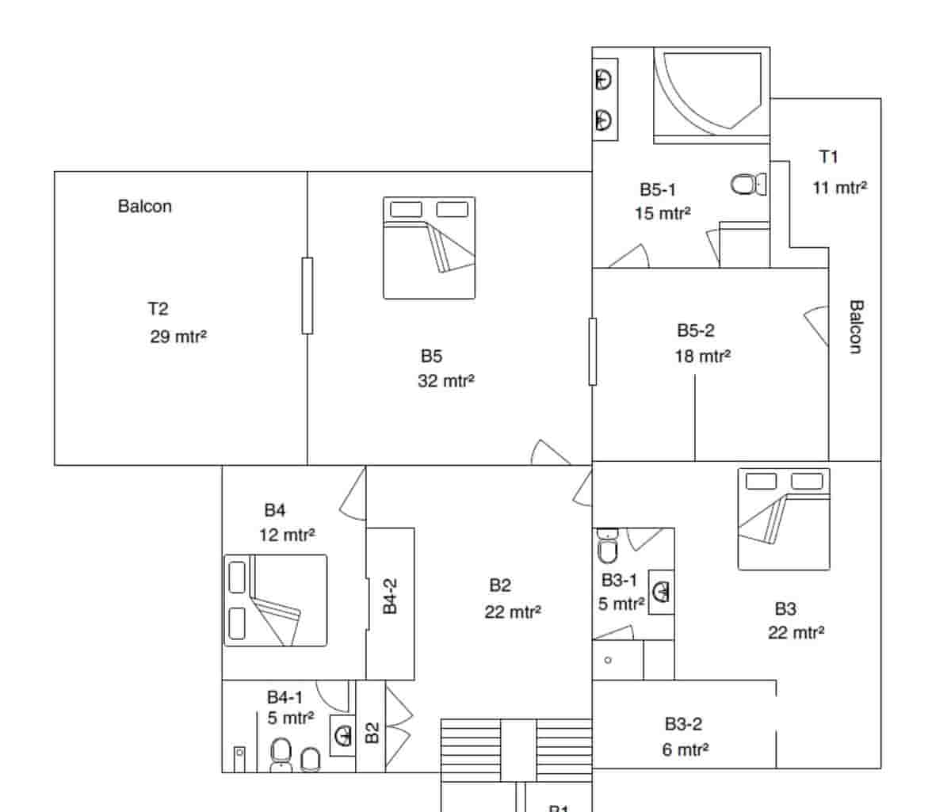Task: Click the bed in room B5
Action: point(429,248)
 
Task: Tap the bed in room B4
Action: point(275,600)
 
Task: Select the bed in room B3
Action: point(784,519)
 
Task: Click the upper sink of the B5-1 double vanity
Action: point(605,79)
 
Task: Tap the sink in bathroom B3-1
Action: point(662,591)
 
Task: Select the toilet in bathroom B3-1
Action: point(606,547)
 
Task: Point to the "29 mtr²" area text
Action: point(178,336)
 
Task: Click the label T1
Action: point(828,157)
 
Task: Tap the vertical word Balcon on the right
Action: point(855,326)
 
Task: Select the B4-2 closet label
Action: point(390,596)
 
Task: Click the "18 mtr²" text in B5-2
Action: point(702,356)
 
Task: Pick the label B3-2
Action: point(683,723)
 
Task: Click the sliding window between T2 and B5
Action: point(307,295)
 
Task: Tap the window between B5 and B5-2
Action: point(592,352)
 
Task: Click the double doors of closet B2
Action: point(399,726)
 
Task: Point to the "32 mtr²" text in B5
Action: point(445,381)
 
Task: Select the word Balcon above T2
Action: point(144,206)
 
